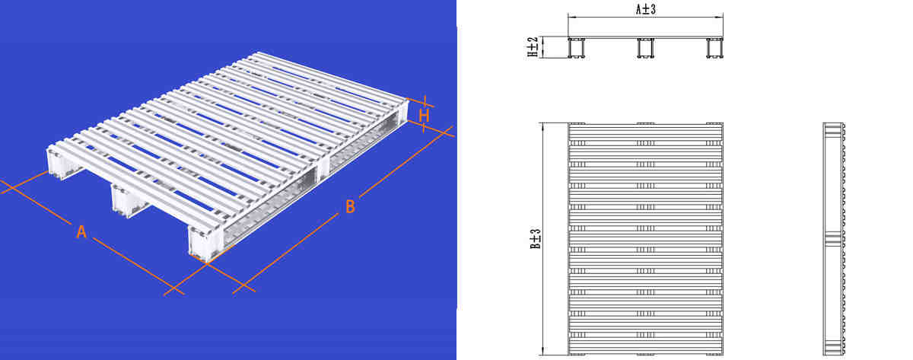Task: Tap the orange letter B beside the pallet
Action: pyautogui.click(x=350, y=206)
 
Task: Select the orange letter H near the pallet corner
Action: pyautogui.click(x=425, y=115)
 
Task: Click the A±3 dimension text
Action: pyautogui.click(x=645, y=9)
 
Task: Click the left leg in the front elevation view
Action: pyautogui.click(x=576, y=49)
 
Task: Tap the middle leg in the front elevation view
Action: pyautogui.click(x=645, y=49)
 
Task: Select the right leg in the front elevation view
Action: pyautogui.click(x=714, y=49)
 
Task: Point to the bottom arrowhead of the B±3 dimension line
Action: pyautogui.click(x=542, y=351)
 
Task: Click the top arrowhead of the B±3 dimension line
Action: pyautogui.click(x=542, y=126)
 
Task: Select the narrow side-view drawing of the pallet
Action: pyautogui.click(x=835, y=238)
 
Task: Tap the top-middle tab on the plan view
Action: pyautogui.click(x=645, y=123)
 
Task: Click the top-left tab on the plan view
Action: pyautogui.click(x=577, y=123)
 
